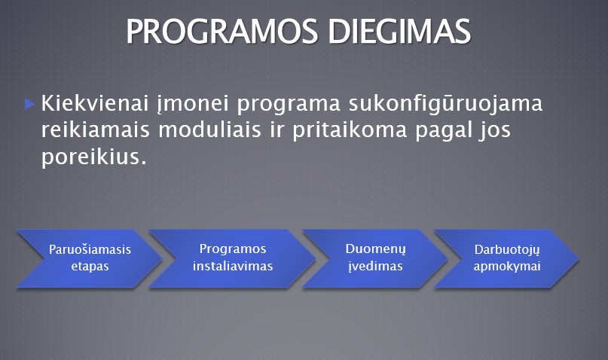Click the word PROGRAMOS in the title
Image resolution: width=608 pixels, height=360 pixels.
[x=222, y=31]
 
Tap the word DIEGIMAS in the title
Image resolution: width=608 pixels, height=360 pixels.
[x=399, y=31]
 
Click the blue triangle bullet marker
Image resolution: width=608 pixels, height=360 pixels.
[x=30, y=104]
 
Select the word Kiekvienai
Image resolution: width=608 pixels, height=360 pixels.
[x=95, y=103]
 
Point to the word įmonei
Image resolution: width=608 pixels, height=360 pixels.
[x=193, y=105]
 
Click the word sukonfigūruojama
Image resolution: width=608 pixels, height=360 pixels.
[x=445, y=105]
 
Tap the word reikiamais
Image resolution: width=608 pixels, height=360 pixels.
[x=96, y=130]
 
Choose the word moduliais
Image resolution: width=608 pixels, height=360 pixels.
[x=209, y=130]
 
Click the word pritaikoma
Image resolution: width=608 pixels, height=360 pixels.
[x=350, y=130]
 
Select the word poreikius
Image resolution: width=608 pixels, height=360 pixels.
[x=94, y=157]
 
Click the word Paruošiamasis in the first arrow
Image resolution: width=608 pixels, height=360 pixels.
[x=90, y=249]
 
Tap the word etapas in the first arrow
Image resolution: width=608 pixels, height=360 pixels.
[x=90, y=267]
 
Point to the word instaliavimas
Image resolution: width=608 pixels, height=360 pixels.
[x=233, y=266]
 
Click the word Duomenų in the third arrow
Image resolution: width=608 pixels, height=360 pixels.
[x=375, y=249]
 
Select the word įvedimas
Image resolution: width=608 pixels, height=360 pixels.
[x=375, y=266]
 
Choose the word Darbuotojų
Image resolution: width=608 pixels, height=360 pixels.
[x=507, y=250]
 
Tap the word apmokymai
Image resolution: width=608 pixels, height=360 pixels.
[x=507, y=267]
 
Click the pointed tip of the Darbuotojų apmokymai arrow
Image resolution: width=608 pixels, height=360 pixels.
[x=578, y=258]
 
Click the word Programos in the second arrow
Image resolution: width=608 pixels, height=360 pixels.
[x=233, y=249]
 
